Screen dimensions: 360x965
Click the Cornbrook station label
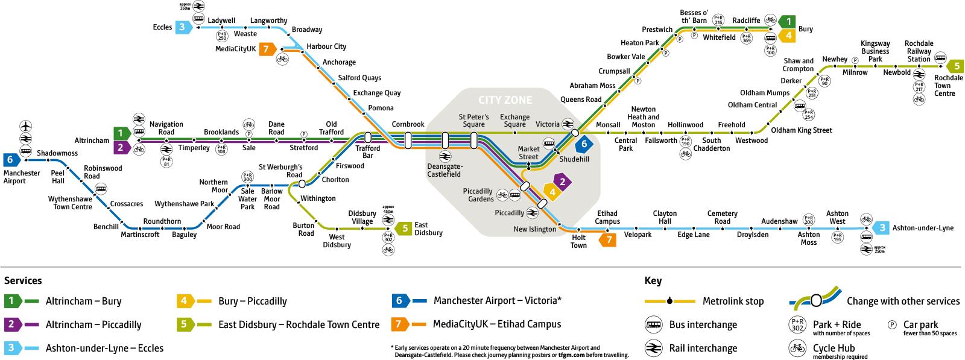coord(408,124)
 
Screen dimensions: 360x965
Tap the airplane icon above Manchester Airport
coord(25,127)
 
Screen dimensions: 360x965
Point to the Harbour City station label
coord(326,46)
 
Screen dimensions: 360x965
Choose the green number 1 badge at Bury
coord(786,22)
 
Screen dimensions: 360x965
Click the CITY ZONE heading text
coord(505,99)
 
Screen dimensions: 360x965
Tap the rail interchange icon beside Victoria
coord(568,124)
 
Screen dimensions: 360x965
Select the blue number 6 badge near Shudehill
coord(583,145)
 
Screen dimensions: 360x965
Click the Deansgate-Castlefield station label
coord(443,170)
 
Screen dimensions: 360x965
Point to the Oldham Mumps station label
coord(765,93)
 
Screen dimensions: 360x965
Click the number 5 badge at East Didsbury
coord(404,229)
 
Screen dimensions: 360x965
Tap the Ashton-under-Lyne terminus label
coord(923,228)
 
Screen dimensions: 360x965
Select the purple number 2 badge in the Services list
coord(12,324)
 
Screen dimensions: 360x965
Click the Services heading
coord(23,280)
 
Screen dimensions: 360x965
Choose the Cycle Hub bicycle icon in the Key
coord(797,348)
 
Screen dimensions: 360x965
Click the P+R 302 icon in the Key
coord(797,324)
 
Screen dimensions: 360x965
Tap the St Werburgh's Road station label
coord(280,171)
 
